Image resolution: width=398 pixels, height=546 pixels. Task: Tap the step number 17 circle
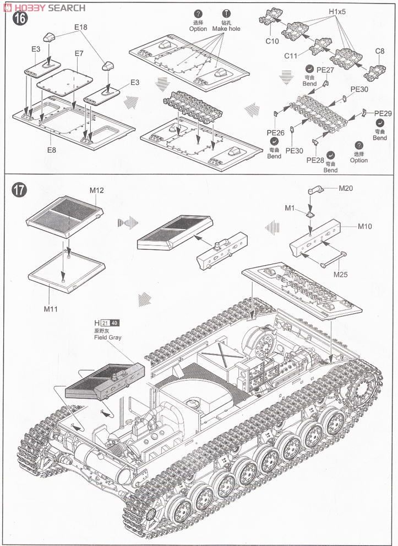point(19,191)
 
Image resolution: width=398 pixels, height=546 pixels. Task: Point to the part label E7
point(79,53)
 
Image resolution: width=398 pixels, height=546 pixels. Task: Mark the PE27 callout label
point(325,70)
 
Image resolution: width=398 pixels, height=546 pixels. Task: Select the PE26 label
point(275,133)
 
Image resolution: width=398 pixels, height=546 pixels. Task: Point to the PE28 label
point(315,160)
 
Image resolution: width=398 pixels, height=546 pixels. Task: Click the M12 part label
point(97,191)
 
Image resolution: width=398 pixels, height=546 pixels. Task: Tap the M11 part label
point(51,309)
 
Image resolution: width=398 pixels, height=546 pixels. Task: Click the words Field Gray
point(107,337)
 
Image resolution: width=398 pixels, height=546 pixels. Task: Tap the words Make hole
point(226,28)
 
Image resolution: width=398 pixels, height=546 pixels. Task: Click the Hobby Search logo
point(43,7)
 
